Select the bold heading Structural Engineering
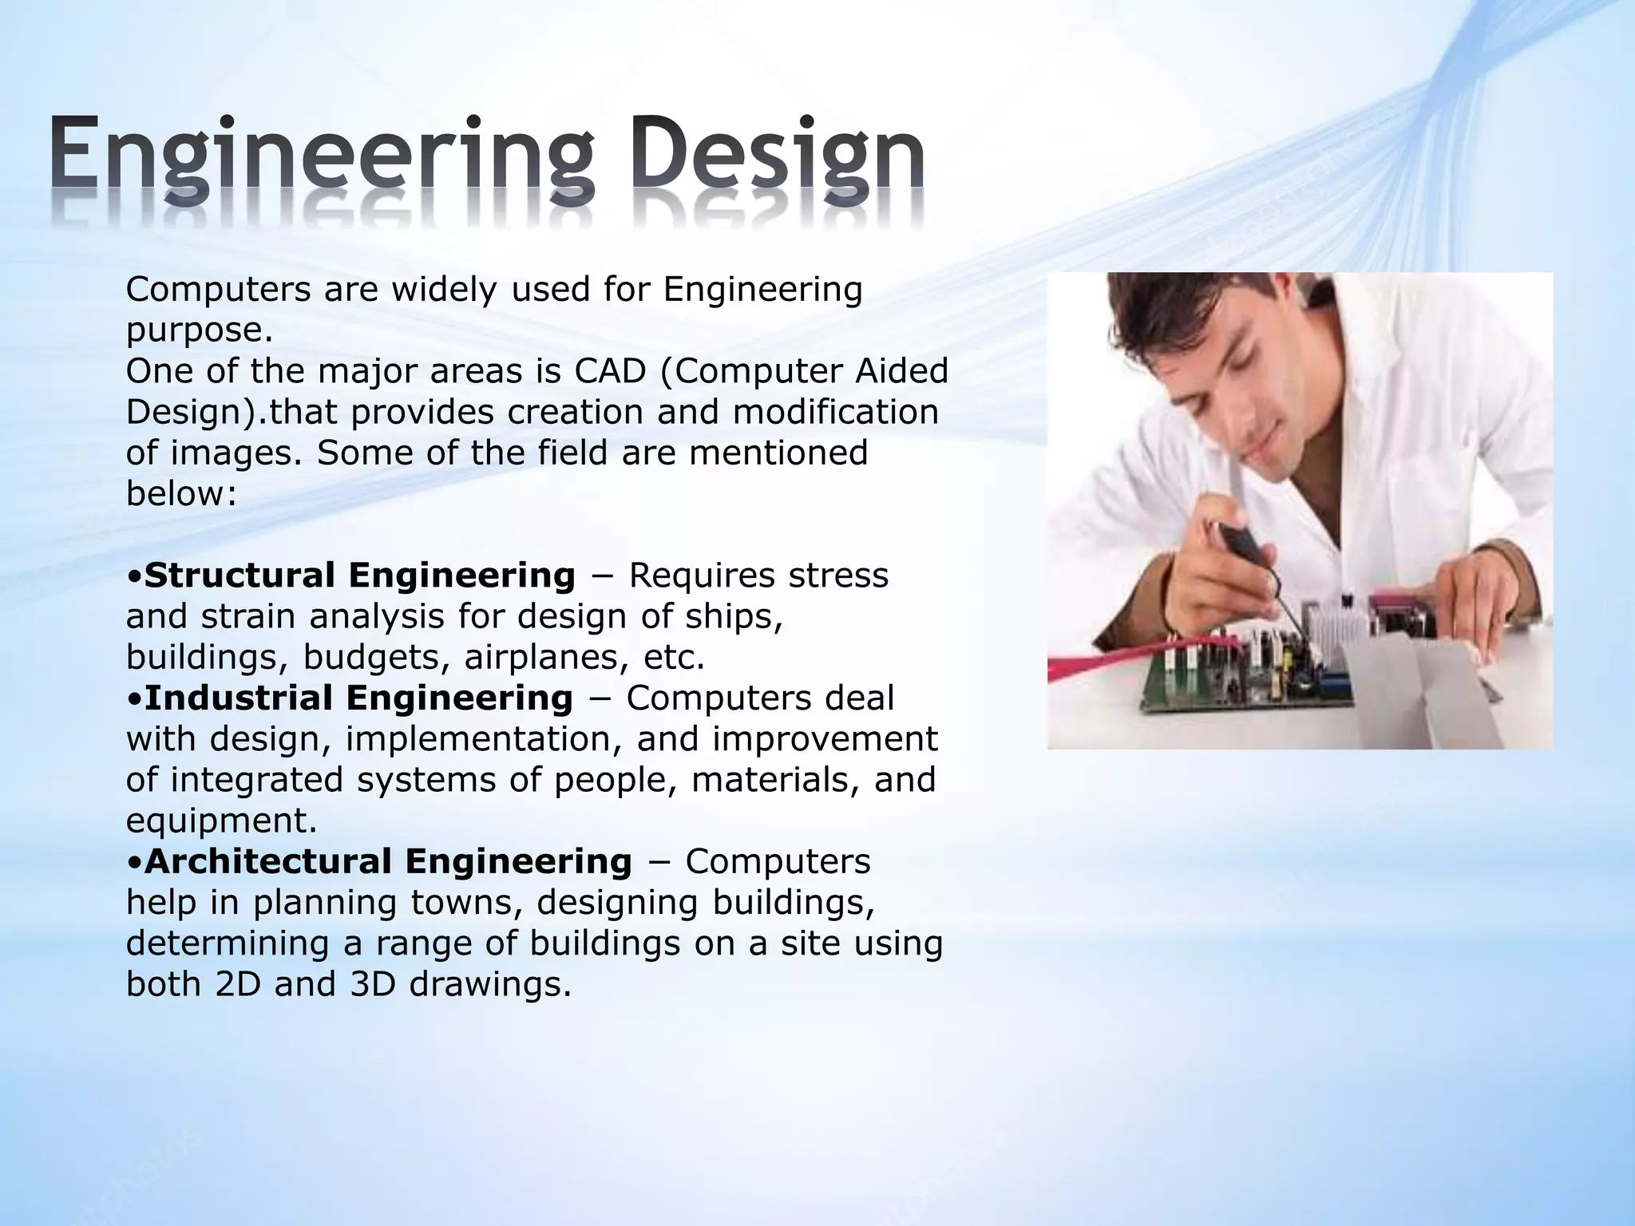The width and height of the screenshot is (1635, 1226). pos(360,575)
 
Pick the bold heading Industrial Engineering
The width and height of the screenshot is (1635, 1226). pos(358,698)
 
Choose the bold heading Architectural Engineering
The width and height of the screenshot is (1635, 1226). pos(388,861)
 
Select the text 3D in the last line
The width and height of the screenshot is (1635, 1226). pos(373,984)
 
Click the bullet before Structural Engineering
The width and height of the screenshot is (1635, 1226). pos(134,576)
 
